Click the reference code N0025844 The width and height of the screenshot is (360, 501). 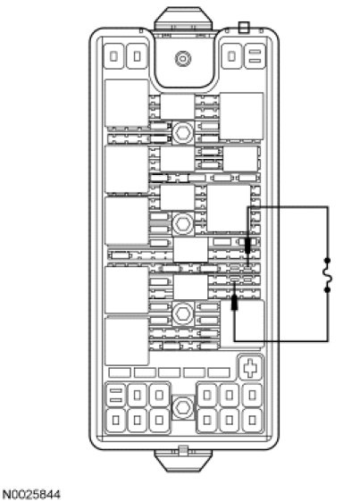click(x=31, y=495)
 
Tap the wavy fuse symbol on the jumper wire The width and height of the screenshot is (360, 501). click(x=327, y=275)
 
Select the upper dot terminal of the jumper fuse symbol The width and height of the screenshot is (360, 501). click(x=327, y=261)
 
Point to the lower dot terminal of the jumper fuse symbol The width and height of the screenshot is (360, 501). click(x=327, y=290)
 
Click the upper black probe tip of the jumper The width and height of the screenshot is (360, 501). click(x=247, y=246)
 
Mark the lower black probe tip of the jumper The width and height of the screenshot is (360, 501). click(x=234, y=303)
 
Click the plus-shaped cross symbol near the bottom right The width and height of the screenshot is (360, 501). click(x=250, y=367)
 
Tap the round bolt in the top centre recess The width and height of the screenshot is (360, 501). click(x=183, y=59)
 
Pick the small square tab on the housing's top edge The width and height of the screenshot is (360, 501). click(x=244, y=27)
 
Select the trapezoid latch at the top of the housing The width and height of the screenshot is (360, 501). click(x=183, y=19)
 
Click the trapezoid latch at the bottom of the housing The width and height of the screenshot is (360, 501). click(x=183, y=461)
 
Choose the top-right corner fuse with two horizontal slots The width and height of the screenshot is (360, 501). click(x=255, y=56)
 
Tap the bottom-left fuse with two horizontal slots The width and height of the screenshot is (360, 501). click(x=116, y=396)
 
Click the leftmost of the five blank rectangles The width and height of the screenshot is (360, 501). click(x=120, y=372)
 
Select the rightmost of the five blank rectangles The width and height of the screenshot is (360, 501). click(x=219, y=372)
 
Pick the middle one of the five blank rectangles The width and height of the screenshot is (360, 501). click(x=170, y=372)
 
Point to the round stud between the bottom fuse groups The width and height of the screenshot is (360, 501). click(x=182, y=407)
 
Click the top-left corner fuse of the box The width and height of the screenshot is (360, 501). click(x=114, y=56)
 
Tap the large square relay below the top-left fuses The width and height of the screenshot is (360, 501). click(x=127, y=104)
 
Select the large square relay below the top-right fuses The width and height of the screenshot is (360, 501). click(x=242, y=116)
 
